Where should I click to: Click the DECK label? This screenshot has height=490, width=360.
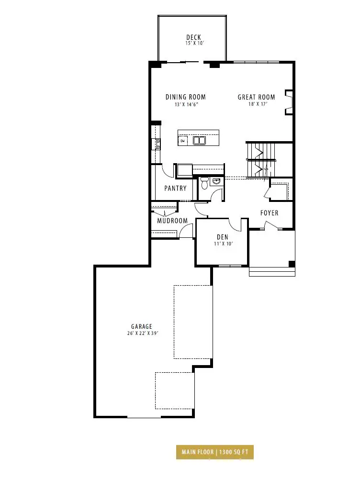point(193,37)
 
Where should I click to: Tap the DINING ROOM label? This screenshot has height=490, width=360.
point(186,97)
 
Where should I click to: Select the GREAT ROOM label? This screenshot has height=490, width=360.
point(256,97)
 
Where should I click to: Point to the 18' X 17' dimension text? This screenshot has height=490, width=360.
point(258,104)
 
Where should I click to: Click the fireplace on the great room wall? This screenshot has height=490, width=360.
point(289,102)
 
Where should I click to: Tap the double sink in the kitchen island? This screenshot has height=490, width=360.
point(199,140)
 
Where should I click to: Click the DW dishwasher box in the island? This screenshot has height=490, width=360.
point(182,141)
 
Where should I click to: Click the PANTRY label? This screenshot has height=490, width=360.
point(175,188)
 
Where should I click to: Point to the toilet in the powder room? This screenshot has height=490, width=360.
point(204,183)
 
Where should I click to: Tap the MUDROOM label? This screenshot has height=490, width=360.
point(172,221)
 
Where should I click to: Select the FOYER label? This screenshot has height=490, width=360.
point(269,213)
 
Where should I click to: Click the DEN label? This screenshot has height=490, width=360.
point(223,237)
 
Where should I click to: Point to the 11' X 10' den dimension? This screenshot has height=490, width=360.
point(224,244)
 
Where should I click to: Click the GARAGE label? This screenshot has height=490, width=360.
point(142,326)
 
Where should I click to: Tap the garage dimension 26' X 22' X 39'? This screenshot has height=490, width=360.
point(143,333)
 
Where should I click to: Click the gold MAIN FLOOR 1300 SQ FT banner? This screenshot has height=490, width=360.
point(214,452)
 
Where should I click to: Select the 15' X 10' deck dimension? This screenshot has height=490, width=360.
point(195,43)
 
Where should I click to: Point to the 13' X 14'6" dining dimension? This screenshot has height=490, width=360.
point(187,104)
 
